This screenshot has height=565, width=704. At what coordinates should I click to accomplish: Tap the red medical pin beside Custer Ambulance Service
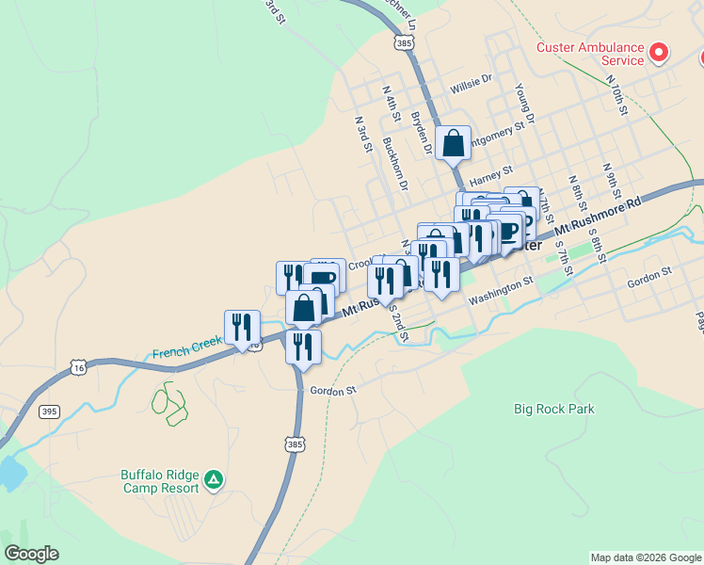(x=660, y=52)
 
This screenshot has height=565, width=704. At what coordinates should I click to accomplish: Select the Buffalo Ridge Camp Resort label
(x=160, y=480)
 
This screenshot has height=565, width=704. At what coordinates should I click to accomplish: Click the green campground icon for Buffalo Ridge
(x=215, y=480)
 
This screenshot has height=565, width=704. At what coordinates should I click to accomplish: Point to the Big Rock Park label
(x=554, y=409)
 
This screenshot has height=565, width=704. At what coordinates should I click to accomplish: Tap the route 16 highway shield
(x=78, y=368)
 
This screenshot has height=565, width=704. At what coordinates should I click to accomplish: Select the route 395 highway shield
(x=48, y=412)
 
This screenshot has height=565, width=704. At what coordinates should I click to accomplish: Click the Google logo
(x=31, y=554)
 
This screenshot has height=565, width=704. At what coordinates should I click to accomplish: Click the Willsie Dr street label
(x=472, y=81)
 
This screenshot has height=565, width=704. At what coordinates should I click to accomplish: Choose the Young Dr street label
(x=524, y=104)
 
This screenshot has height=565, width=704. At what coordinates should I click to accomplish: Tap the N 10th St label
(x=616, y=96)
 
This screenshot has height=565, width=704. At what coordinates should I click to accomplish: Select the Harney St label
(x=490, y=174)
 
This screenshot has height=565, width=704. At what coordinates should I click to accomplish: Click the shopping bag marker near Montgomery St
(x=453, y=143)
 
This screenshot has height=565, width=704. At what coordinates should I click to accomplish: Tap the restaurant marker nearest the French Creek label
(x=242, y=328)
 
